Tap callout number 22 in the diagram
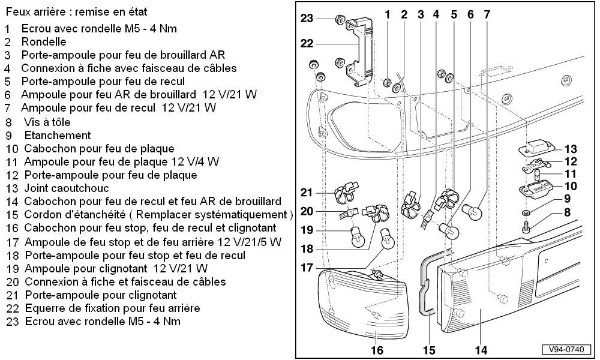[307, 43]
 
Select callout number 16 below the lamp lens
[377, 350]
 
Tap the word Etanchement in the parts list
[58, 136]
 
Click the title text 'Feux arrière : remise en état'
[76, 12]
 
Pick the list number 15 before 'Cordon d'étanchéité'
[12, 215]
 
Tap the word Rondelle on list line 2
[44, 42]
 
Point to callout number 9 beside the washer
[566, 199]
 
